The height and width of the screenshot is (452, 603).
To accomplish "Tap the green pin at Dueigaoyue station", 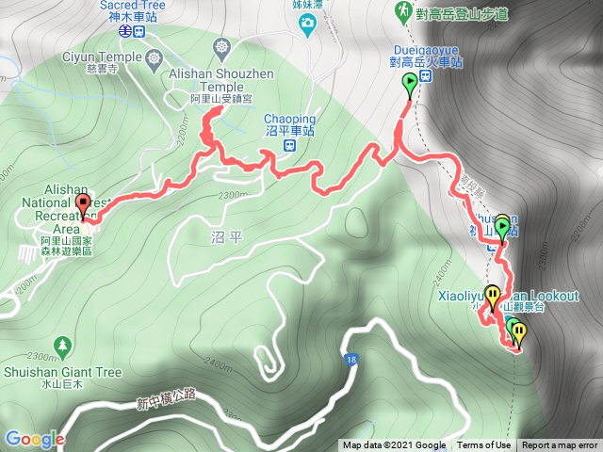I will pos(410,85).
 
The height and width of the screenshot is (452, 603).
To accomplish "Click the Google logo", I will pos(34,439).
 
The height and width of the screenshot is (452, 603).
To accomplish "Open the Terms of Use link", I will pos(483,445).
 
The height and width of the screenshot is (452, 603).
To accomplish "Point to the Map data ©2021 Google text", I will pos(394,445).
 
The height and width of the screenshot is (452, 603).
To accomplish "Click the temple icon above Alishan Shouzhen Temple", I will pos(220,45).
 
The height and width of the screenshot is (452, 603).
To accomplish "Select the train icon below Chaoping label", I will pos(290,146).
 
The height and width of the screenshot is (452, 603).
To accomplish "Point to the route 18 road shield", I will pos(350,360).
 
